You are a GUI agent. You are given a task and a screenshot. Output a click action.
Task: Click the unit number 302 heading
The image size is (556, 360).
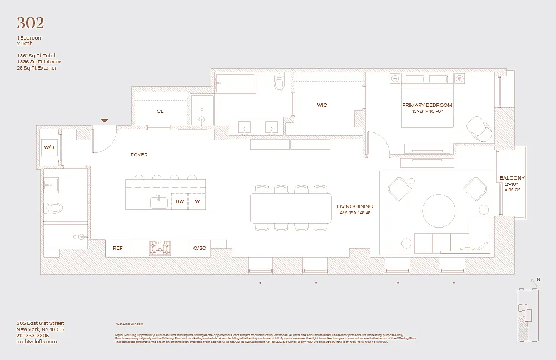pos(30,23)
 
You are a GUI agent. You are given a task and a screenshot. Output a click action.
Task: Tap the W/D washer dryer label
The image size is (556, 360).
pos(49,147)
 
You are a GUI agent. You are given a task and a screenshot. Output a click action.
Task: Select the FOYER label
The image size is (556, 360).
pos(139,155)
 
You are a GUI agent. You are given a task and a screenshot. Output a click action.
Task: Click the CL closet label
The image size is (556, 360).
pos(160,111)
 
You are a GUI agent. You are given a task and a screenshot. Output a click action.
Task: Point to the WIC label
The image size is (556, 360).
pos(322,105)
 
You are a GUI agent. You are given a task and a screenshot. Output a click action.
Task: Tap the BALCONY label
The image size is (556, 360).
pos(512,178)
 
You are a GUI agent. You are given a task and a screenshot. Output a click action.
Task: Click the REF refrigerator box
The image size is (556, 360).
pos(117,248)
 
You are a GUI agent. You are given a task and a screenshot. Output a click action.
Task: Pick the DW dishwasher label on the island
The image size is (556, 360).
pos(180,201)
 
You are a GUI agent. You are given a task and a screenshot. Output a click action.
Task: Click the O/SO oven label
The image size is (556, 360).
pos(200,248)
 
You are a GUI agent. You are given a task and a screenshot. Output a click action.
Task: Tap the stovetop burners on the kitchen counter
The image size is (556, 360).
pos(160,248)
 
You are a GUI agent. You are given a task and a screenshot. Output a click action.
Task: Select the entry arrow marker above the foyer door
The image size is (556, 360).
pos(104,121)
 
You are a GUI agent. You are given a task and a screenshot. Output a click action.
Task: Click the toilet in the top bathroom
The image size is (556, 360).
pos(279,83)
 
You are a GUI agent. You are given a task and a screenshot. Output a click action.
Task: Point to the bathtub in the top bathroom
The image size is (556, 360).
pos(234,83)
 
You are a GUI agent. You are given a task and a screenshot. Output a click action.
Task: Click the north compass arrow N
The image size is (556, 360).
pos(538,280)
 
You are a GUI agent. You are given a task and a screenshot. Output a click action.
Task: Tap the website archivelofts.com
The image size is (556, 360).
pos(36,342)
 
